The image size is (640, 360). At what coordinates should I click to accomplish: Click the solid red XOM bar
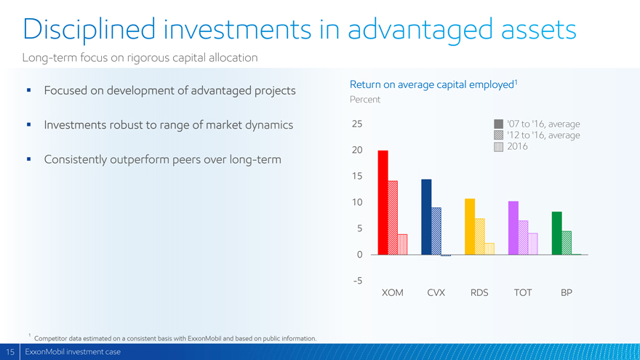(x=383, y=202)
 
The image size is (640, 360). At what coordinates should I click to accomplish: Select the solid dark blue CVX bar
(x=426, y=217)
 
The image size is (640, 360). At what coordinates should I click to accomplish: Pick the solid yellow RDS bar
(x=470, y=226)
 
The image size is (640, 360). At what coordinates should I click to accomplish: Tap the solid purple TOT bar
(x=513, y=228)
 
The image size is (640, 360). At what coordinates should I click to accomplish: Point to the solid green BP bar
(x=557, y=233)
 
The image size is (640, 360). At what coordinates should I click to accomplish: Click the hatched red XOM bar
(x=393, y=217)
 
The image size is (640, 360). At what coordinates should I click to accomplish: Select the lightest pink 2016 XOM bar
(x=402, y=244)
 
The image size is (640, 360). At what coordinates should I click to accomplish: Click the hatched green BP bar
(x=567, y=243)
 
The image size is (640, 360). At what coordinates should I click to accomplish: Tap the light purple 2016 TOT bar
(x=532, y=244)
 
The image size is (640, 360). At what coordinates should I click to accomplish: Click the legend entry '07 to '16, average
(x=537, y=124)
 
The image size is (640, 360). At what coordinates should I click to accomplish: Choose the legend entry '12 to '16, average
(x=537, y=135)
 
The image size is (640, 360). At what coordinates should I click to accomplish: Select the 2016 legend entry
(x=511, y=146)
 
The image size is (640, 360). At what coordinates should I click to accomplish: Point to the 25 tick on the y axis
(x=357, y=124)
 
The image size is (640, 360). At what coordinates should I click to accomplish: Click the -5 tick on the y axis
(x=358, y=281)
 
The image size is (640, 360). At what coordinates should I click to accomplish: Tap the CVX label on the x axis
(x=436, y=292)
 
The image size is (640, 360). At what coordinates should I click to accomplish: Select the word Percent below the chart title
(x=365, y=100)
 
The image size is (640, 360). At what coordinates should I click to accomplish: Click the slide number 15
(x=9, y=352)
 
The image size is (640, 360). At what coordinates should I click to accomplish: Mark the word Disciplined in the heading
(x=89, y=29)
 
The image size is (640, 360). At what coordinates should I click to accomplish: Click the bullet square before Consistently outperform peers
(x=28, y=159)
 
